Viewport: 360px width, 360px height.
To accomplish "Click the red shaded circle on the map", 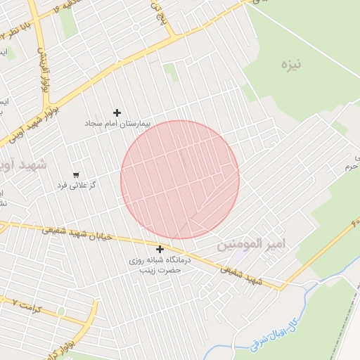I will (180, 180).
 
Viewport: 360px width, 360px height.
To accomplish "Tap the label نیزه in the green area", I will (290, 65).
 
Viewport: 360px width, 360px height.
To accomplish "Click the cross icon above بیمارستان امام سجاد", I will (117, 112).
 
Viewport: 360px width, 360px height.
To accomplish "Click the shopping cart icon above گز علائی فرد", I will (76, 174).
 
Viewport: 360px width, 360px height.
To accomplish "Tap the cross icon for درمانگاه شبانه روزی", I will (160, 249).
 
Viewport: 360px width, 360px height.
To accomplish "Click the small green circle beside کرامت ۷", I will (61, 311).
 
